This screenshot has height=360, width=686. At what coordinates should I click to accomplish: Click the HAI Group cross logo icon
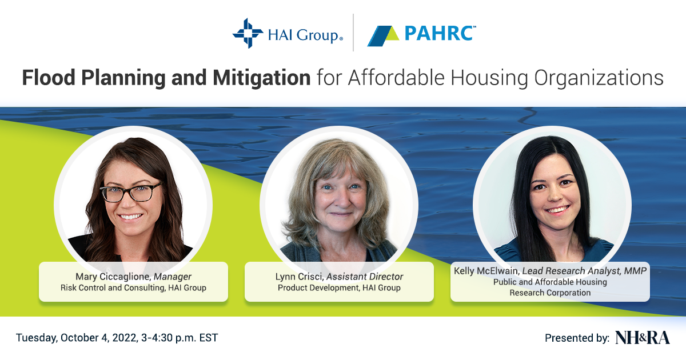pyautogui.click(x=248, y=33)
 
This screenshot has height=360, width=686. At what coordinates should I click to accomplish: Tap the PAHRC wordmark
pyautogui.click(x=440, y=33)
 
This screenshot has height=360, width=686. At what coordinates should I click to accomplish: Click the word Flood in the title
pyautogui.click(x=49, y=78)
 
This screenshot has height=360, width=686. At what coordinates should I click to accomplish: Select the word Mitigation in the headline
pyautogui.click(x=262, y=78)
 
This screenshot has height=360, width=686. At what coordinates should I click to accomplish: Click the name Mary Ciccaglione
pyautogui.click(x=113, y=277)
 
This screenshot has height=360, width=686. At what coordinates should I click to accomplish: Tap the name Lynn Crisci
pyautogui.click(x=299, y=277)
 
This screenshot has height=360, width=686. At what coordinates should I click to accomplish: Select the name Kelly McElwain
pyautogui.click(x=486, y=271)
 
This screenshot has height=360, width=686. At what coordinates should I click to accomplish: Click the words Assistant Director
pyautogui.click(x=365, y=277)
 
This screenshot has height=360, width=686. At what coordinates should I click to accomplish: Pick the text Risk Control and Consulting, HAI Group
pyautogui.click(x=133, y=288)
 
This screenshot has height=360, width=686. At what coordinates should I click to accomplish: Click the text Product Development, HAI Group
pyautogui.click(x=339, y=288)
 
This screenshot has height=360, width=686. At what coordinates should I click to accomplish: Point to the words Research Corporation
pyautogui.click(x=550, y=293)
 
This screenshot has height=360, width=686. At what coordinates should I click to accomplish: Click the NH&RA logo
pyautogui.click(x=642, y=338)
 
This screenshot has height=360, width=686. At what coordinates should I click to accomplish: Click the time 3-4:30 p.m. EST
pyautogui.click(x=180, y=338)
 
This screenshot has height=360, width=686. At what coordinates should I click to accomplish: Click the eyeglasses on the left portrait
pyautogui.click(x=130, y=193)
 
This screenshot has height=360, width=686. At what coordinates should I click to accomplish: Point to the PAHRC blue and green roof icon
pyautogui.click(x=383, y=36)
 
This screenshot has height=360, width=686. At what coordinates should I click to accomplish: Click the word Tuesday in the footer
pyautogui.click(x=37, y=338)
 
